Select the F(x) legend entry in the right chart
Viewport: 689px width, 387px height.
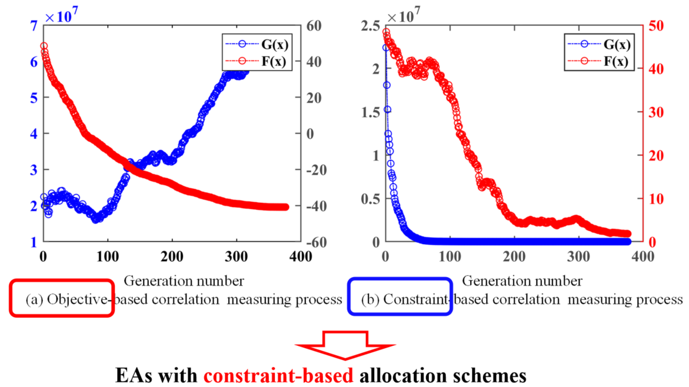tap(616, 61)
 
